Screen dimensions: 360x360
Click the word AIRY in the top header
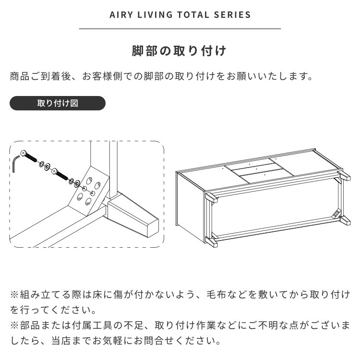pyautogui.click(x=121, y=15)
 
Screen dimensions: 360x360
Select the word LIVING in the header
pyautogui.click(x=155, y=15)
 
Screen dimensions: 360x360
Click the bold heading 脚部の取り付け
pyautogui.click(x=180, y=51)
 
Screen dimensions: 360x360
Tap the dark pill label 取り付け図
pyautogui.click(x=58, y=103)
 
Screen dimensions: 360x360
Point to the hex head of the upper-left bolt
pyautogui.click(x=23, y=153)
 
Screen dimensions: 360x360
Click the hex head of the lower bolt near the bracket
pyautogui.click(x=54, y=171)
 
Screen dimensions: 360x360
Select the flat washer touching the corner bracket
pyautogui.click(x=77, y=183)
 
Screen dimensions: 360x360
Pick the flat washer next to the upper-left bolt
pyautogui.click(x=48, y=166)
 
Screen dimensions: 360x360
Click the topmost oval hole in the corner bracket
pyautogui.click(x=89, y=180)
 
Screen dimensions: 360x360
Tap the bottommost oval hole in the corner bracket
pyautogui.click(x=88, y=201)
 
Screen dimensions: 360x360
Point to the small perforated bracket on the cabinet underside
pyautogui.click(x=336, y=213)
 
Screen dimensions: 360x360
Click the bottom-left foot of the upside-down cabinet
pyautogui.click(x=211, y=242)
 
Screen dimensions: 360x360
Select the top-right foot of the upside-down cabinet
pyautogui.click(x=344, y=175)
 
